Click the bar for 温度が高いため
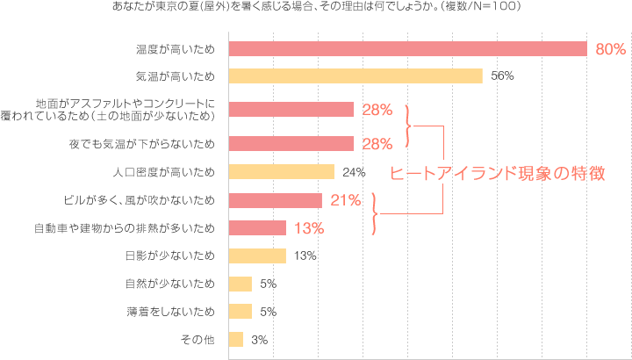point(407,49)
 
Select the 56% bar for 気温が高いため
point(355,76)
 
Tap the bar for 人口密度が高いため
point(281,171)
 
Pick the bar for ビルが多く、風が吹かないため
point(275,200)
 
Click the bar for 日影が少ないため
point(257,256)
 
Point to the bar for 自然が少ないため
point(240,284)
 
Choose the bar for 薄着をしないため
point(240,312)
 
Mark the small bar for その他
point(235,340)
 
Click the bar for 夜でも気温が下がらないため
point(291,143)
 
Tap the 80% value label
point(610,50)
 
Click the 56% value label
point(502,76)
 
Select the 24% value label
point(354,172)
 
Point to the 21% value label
point(346,200)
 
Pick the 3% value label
point(258,340)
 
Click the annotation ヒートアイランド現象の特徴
point(497,173)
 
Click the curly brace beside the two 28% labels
point(408,126)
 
